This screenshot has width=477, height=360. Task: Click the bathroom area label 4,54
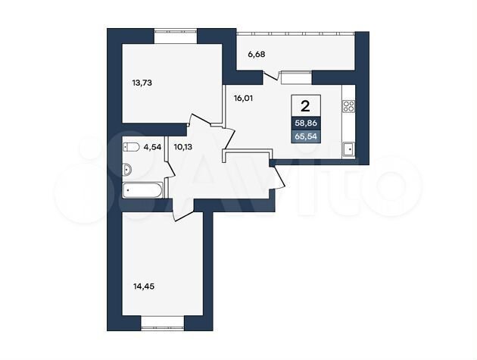coord(152,148)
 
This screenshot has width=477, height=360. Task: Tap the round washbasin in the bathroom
coord(127,167)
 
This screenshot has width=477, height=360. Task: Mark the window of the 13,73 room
coord(176,31)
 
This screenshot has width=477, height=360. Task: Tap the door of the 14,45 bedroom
coord(184,209)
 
